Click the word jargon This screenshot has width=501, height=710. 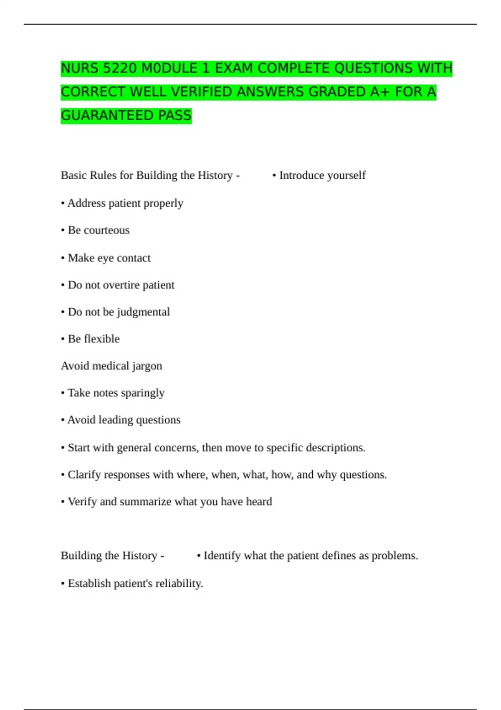(147, 366)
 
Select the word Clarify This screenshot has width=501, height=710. (84, 475)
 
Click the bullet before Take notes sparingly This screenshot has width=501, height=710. (63, 393)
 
